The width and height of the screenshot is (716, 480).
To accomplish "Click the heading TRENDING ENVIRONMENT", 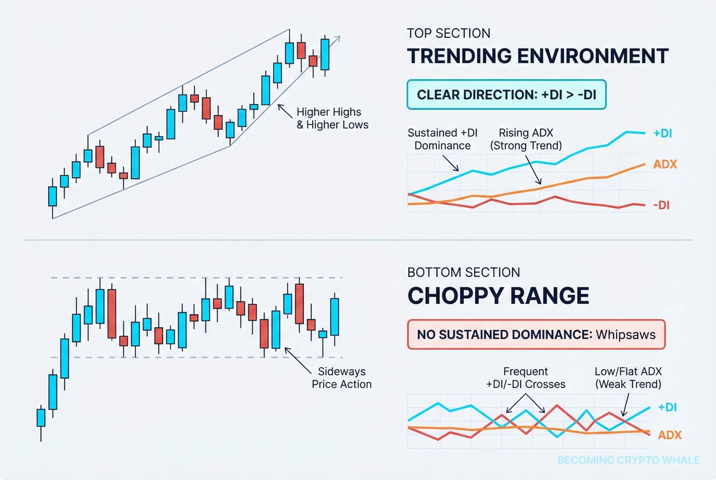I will point(538,56).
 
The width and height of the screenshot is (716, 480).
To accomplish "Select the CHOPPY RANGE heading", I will point(498,296).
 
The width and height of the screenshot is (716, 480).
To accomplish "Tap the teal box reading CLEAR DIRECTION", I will point(506,96).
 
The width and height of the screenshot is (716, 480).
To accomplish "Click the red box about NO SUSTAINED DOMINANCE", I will point(536,335).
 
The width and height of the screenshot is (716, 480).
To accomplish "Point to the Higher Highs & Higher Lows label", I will point(332,118).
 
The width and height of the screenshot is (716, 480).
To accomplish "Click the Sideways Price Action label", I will point(341,378).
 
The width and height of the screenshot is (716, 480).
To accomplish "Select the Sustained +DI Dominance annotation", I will point(439,139).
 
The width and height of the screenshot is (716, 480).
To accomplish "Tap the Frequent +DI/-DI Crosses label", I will point(526,378).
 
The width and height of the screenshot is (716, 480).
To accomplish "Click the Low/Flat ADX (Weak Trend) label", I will point(629,378).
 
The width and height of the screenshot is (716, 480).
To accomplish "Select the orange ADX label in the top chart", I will point(665,165).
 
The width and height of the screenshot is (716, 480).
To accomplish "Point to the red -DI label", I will point(661,205).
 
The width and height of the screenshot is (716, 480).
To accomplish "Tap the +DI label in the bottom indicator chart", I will point(667,408).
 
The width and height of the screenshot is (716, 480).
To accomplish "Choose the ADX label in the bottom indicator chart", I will point(669,435).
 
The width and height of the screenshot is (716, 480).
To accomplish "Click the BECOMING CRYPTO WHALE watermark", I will point(628,460).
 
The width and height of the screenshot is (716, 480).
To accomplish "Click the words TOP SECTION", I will point(449,34).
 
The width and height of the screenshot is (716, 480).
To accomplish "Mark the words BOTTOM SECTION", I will point(464,273).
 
